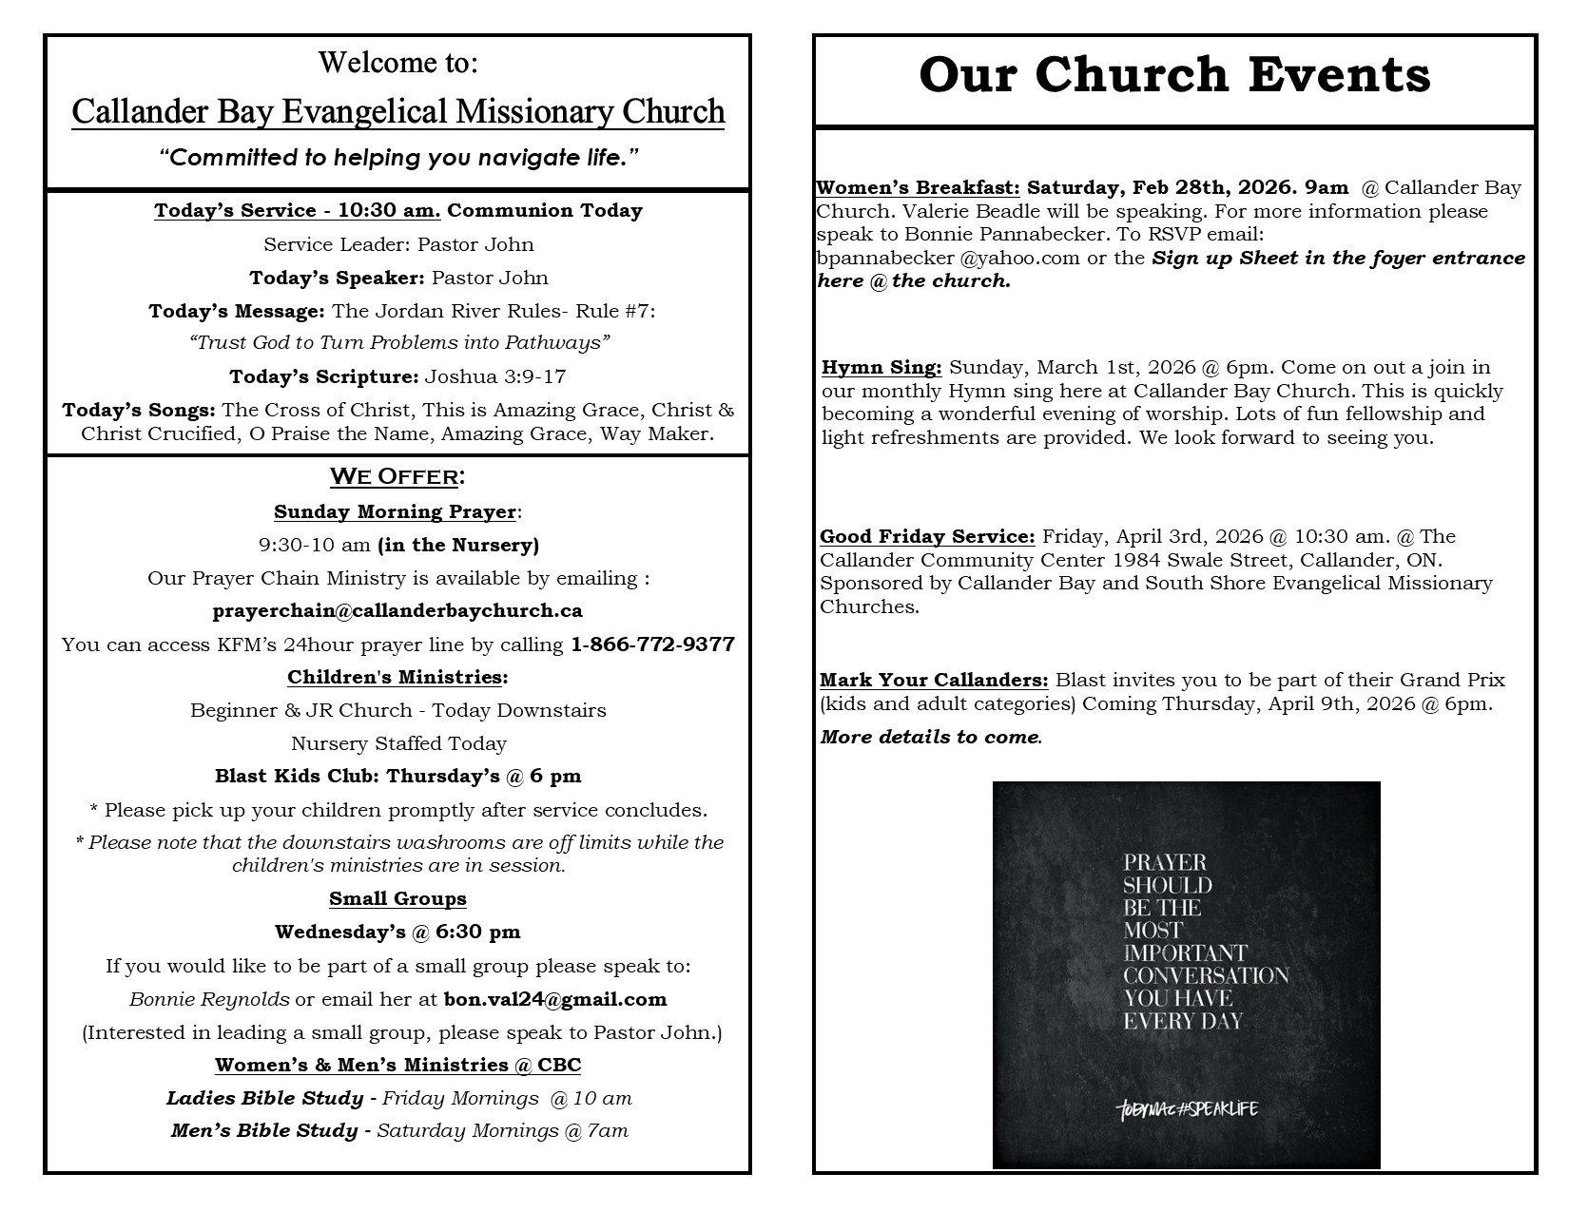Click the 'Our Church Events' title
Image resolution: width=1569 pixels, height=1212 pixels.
1174,76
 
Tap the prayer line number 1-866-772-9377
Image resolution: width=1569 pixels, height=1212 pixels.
652,644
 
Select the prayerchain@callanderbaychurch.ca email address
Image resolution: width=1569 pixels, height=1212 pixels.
397,610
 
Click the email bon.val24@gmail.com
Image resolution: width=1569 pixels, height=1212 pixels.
555,999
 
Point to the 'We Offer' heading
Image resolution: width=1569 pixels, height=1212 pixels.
397,476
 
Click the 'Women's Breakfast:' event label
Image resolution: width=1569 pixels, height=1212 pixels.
918,187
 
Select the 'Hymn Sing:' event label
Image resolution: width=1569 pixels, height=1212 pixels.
881,368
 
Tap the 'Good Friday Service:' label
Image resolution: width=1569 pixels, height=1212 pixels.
927,536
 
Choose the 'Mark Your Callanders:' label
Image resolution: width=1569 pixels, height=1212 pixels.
934,681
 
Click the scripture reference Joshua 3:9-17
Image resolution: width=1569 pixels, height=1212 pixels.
494,377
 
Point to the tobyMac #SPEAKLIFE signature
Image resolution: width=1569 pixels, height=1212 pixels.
1188,1109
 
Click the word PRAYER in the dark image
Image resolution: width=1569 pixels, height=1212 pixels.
1164,863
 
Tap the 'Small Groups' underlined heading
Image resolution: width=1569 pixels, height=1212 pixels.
397,899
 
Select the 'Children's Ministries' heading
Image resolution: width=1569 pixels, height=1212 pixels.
395,678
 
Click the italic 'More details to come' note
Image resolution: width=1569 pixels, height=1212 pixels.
929,738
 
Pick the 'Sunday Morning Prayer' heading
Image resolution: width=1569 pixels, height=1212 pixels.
395,512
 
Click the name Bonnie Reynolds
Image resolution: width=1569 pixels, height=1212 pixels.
209,999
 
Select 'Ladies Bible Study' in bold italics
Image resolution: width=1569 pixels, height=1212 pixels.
264,1099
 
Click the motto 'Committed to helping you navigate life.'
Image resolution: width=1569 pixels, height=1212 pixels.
397,158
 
